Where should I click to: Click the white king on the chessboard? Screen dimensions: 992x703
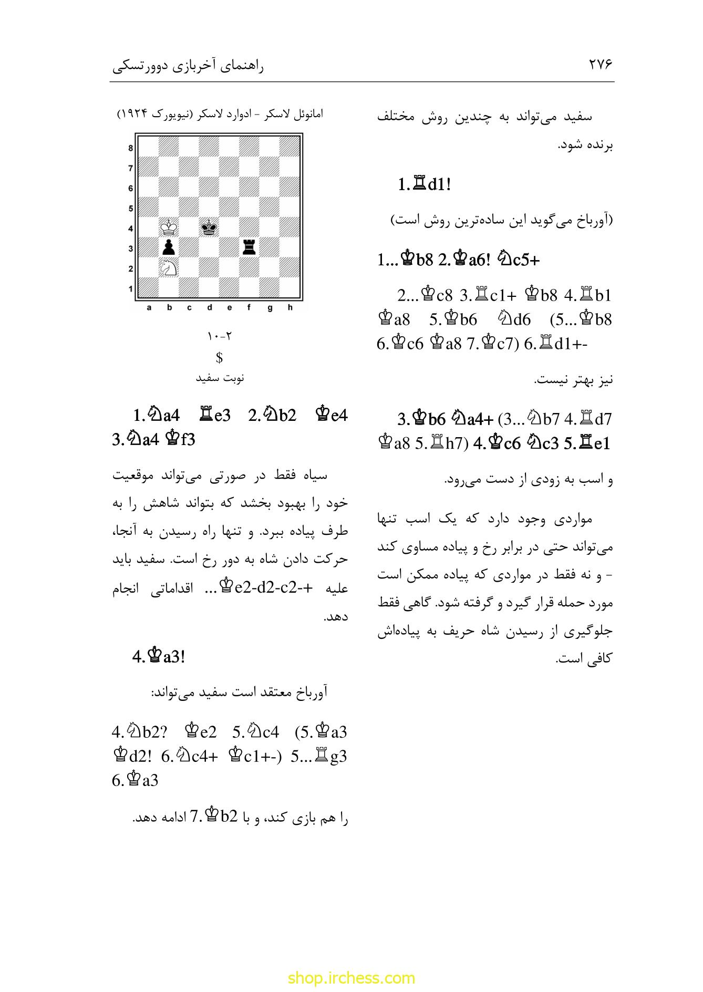pos(169,228)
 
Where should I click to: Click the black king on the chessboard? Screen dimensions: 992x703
pos(209,228)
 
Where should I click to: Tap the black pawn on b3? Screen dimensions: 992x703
pos(169,247)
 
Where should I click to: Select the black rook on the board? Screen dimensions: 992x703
pos(249,247)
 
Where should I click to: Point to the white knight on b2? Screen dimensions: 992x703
pos(169,267)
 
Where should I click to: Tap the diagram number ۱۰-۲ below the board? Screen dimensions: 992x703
pos(220,336)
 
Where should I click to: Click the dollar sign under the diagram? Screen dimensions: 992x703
pos(220,358)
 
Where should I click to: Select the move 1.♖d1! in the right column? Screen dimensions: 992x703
pos(424,185)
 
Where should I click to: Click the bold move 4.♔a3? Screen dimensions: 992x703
pos(158,656)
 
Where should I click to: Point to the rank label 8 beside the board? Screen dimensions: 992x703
pos(131,148)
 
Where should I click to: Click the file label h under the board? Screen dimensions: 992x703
pos(290,308)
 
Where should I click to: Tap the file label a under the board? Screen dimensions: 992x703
pos(149,308)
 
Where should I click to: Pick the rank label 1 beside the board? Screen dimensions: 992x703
pos(131,288)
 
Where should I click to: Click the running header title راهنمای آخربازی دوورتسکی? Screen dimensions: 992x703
pos(189,66)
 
